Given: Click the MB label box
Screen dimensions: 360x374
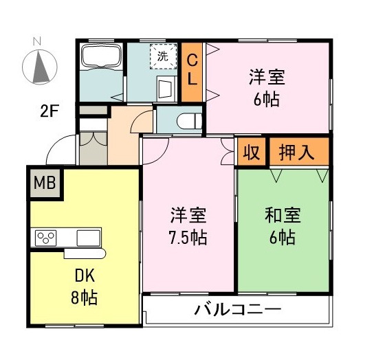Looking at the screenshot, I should pos(45,183).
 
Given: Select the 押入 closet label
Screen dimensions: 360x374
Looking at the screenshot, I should pos(297,153).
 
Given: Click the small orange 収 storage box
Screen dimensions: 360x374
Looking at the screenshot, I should pos(252,153).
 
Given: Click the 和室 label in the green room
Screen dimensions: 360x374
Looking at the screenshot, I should pos(283,216).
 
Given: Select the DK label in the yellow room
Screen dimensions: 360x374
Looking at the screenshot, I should pos(83,278).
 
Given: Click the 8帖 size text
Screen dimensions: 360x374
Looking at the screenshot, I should pos(83,298).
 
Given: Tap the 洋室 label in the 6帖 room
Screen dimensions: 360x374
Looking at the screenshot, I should pos(267,77).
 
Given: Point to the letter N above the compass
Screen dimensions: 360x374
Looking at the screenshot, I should pos(40,41).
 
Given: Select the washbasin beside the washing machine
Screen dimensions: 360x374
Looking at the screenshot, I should pos(165,88).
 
